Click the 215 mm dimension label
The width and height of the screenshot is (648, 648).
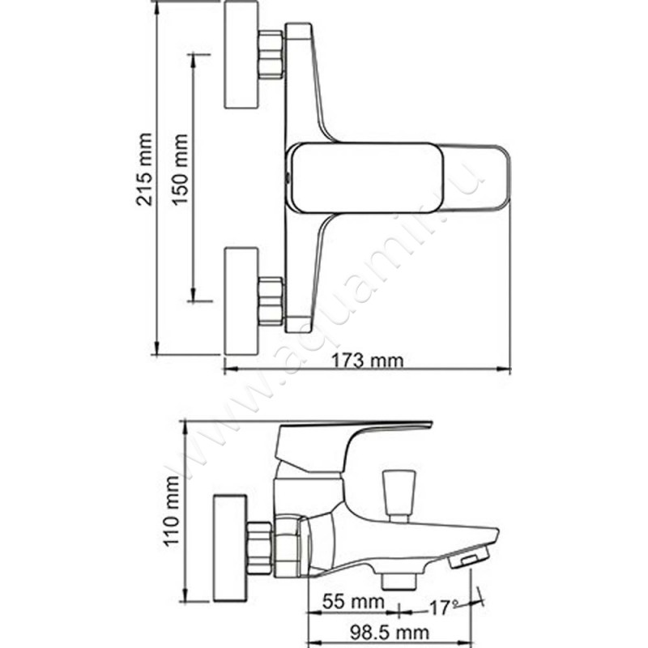(144, 169)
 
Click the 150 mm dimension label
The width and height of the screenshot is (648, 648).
(180, 169)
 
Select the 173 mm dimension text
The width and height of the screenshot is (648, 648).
(368, 360)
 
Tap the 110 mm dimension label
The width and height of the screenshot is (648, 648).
(172, 511)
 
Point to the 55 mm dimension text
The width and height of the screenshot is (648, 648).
(353, 601)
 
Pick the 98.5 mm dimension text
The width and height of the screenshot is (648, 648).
(390, 632)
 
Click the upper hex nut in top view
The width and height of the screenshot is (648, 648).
(271, 55)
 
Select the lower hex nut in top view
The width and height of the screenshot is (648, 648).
(271, 301)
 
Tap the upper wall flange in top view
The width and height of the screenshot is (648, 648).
(241, 55)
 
